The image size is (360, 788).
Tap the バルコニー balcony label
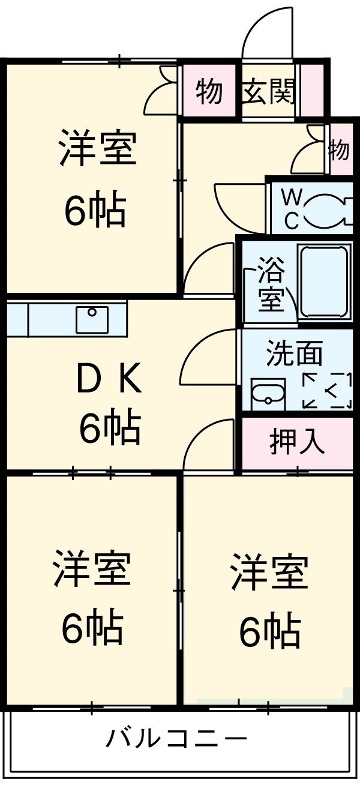tap(176, 738)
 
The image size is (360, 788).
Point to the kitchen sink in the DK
tap(92, 319)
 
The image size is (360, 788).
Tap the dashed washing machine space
tap(326, 391)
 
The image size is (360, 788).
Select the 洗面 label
tap(294, 354)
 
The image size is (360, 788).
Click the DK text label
tap(110, 380)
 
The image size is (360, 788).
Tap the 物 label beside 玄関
tap(209, 92)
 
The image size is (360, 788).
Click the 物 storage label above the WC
tap(340, 149)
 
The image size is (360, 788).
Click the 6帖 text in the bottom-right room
tap(269, 631)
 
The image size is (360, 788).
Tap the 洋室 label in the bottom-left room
tap(91, 568)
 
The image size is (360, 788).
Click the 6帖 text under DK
tap(110, 427)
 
